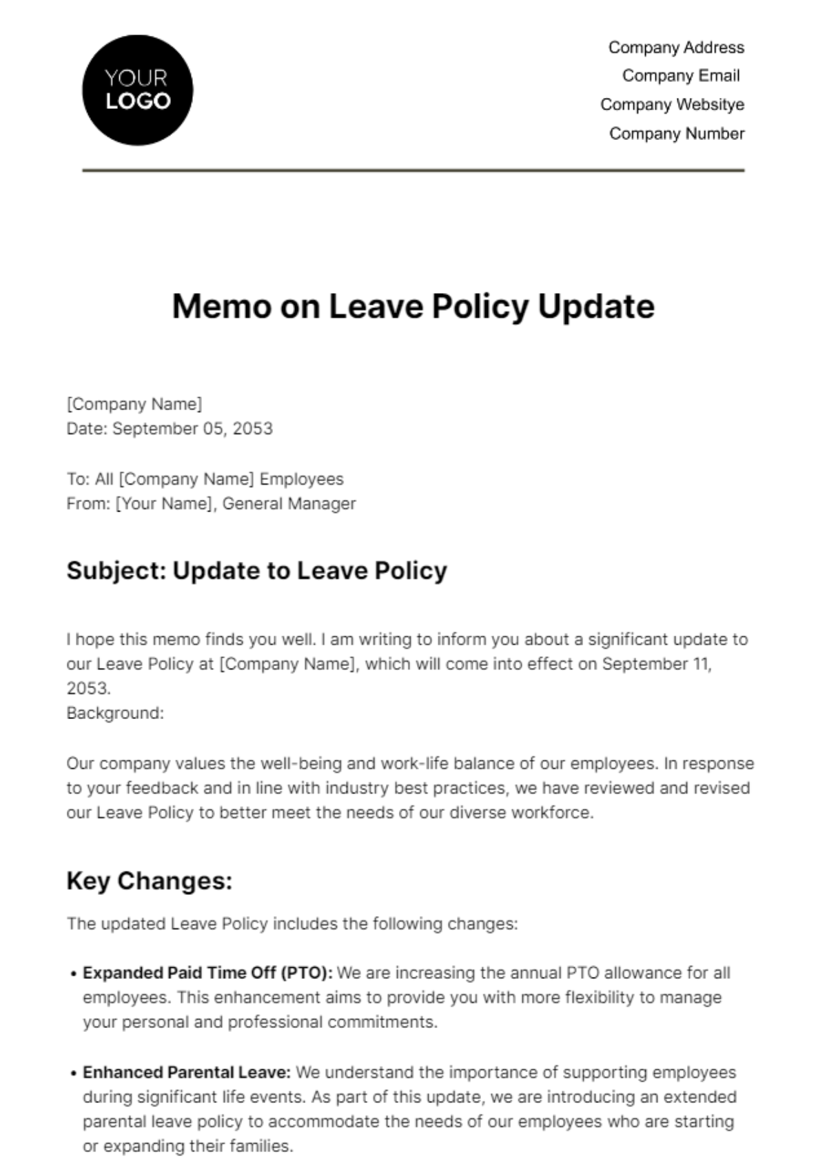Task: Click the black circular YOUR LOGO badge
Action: pos(137,90)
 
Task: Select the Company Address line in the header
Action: pos(675,48)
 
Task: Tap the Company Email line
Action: pos(680,76)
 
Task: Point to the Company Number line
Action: pos(676,134)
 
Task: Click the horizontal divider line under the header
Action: pos(413,170)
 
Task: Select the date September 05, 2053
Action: pos(192,429)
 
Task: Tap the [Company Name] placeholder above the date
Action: pos(134,404)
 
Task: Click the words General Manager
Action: pos(289,504)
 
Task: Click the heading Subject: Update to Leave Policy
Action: pos(256,571)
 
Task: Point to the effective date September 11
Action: pos(656,664)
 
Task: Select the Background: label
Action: pos(115,714)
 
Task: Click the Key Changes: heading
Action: pos(150,881)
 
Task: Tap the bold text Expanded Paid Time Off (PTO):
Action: pos(207,973)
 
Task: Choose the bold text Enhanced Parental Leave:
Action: pos(187,1073)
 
